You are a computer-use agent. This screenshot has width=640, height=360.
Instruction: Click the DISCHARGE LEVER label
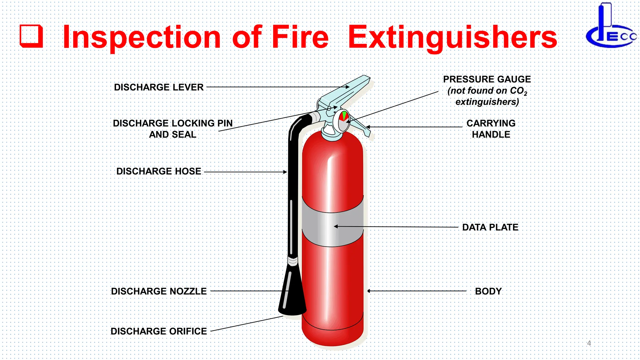(x=158, y=87)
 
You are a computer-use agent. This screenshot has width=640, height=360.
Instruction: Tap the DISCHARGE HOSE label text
(x=158, y=171)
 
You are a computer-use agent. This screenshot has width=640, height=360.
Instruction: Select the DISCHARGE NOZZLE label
(x=158, y=291)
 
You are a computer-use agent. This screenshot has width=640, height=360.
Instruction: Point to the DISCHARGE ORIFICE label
(x=158, y=331)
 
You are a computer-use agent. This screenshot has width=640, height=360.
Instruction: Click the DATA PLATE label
(x=490, y=227)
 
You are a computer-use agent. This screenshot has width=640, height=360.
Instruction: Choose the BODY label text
(x=488, y=291)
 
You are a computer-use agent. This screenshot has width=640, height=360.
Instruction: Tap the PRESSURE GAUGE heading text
(x=487, y=79)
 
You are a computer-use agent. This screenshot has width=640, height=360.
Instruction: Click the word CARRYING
(x=491, y=123)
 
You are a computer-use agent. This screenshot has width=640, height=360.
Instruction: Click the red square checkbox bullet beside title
(x=31, y=36)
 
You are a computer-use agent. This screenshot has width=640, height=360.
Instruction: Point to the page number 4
(x=589, y=343)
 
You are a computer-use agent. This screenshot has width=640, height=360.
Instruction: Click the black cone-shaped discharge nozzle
(x=292, y=294)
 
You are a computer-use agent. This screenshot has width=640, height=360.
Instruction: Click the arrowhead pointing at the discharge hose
(x=285, y=172)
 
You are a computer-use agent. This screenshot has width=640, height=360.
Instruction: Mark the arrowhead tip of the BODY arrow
(x=368, y=291)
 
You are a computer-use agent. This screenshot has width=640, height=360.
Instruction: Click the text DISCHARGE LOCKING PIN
(x=172, y=123)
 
